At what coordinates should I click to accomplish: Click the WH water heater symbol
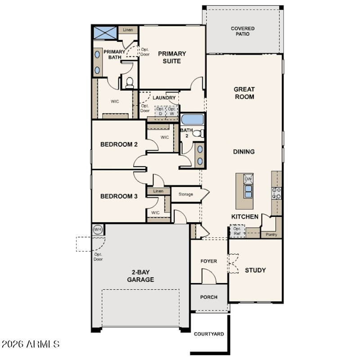[x=98, y=229]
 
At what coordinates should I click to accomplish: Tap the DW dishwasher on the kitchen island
[x=248, y=179]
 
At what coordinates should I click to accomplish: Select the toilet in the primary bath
[x=130, y=83]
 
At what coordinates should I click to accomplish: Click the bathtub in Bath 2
[x=192, y=119]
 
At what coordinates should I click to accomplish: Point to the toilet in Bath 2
[x=198, y=133]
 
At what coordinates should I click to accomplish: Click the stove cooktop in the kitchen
[x=276, y=193]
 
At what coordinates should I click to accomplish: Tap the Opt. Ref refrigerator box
[x=237, y=231]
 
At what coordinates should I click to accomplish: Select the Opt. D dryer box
[x=160, y=111]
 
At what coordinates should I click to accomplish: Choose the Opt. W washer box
[x=172, y=111]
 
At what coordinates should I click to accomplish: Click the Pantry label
[x=271, y=234]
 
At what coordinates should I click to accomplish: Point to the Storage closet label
[x=186, y=194]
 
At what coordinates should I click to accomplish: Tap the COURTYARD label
[x=209, y=334]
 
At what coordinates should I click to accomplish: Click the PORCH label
[x=209, y=297]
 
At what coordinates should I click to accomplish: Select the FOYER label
[x=209, y=261]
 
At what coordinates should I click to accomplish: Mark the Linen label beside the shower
[x=128, y=30]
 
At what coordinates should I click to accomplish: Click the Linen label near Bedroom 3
[x=158, y=191]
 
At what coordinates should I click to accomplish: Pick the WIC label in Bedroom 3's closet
[x=155, y=212]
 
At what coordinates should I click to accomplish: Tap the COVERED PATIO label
[x=243, y=31]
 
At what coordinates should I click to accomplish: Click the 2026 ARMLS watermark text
[x=31, y=344]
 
